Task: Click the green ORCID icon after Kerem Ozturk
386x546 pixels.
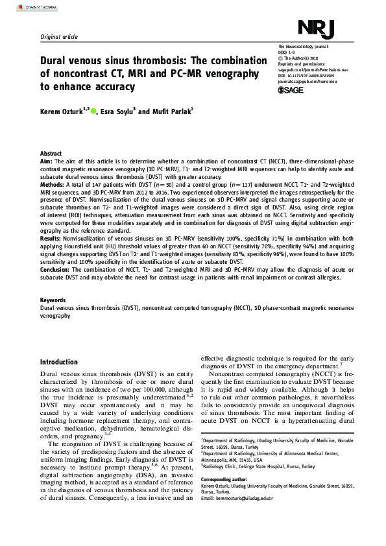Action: click(94, 112)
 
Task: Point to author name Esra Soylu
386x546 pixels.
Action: click(115, 112)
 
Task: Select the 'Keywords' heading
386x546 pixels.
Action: click(53, 300)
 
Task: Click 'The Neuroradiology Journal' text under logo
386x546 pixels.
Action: click(304, 47)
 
